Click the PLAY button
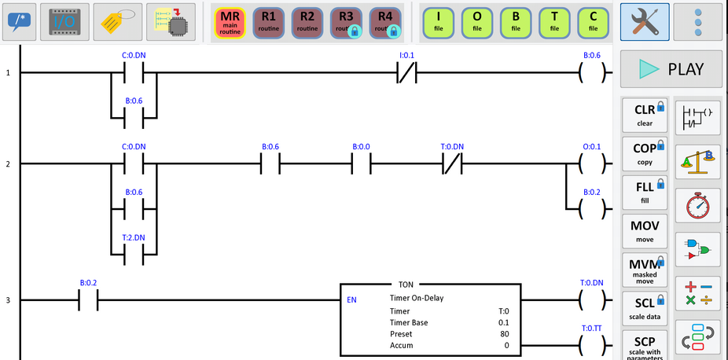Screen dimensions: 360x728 [671, 69]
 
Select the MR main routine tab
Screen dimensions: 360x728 [230, 21]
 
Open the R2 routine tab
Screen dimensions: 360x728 [307, 21]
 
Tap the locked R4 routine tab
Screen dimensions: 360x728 [384, 21]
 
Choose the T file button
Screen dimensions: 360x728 [554, 21]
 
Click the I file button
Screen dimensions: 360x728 [439, 21]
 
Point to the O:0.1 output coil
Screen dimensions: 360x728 [591, 163]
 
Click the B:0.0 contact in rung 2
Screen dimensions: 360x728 [362, 163]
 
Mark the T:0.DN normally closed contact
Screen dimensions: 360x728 [452, 163]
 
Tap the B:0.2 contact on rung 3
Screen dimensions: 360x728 [88, 300]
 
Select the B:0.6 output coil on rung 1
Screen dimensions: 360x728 [591, 73]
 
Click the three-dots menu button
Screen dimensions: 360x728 [698, 21]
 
